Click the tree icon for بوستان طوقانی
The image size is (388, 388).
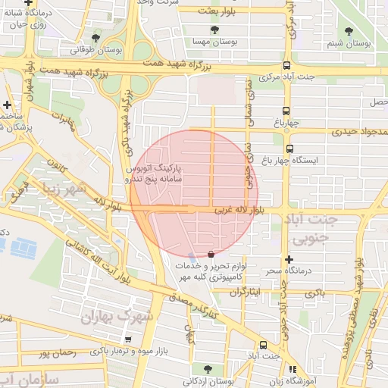[95, 37]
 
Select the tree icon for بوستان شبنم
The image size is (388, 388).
[349, 31]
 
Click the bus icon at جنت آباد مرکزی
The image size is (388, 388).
[286, 65]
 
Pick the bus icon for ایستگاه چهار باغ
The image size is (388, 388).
[289, 149]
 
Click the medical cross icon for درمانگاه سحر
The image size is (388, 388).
[287, 260]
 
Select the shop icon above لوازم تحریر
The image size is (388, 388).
[211, 254]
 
